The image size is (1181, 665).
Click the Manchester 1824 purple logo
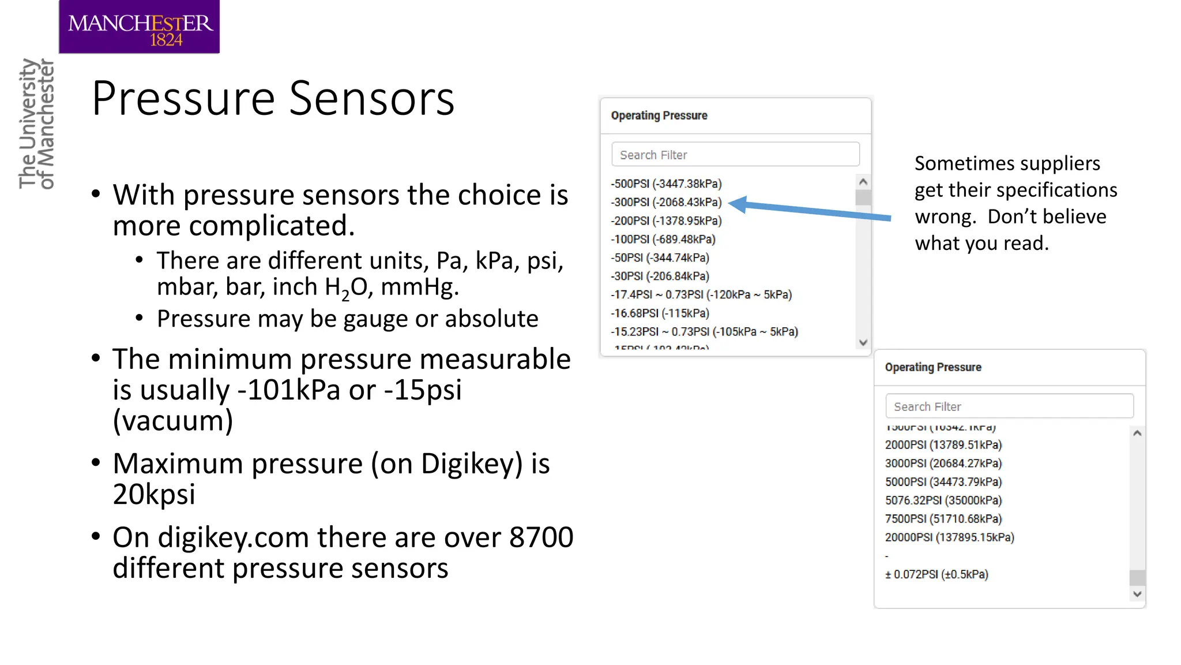click(x=139, y=27)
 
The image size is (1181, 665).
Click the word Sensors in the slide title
click(x=371, y=99)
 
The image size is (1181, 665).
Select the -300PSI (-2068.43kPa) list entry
click(x=666, y=203)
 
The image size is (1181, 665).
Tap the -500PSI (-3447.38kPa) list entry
click(x=666, y=184)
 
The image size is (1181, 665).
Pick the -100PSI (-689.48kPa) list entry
click(x=663, y=240)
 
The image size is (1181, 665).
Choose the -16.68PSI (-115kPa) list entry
click(x=660, y=313)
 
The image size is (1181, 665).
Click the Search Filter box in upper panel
click(x=735, y=155)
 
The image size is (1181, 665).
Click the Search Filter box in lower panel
click(x=1009, y=406)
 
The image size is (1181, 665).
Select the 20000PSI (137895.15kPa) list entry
click(x=949, y=537)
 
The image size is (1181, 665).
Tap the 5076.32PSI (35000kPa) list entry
click(x=943, y=500)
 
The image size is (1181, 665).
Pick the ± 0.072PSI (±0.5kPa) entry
click(x=936, y=574)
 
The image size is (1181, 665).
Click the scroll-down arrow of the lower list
click(x=1137, y=594)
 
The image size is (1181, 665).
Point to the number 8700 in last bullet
click(x=541, y=537)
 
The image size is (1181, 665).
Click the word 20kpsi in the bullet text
click(x=154, y=494)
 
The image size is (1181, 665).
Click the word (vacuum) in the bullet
click(x=173, y=420)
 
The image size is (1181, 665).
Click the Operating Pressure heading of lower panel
click(x=932, y=368)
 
